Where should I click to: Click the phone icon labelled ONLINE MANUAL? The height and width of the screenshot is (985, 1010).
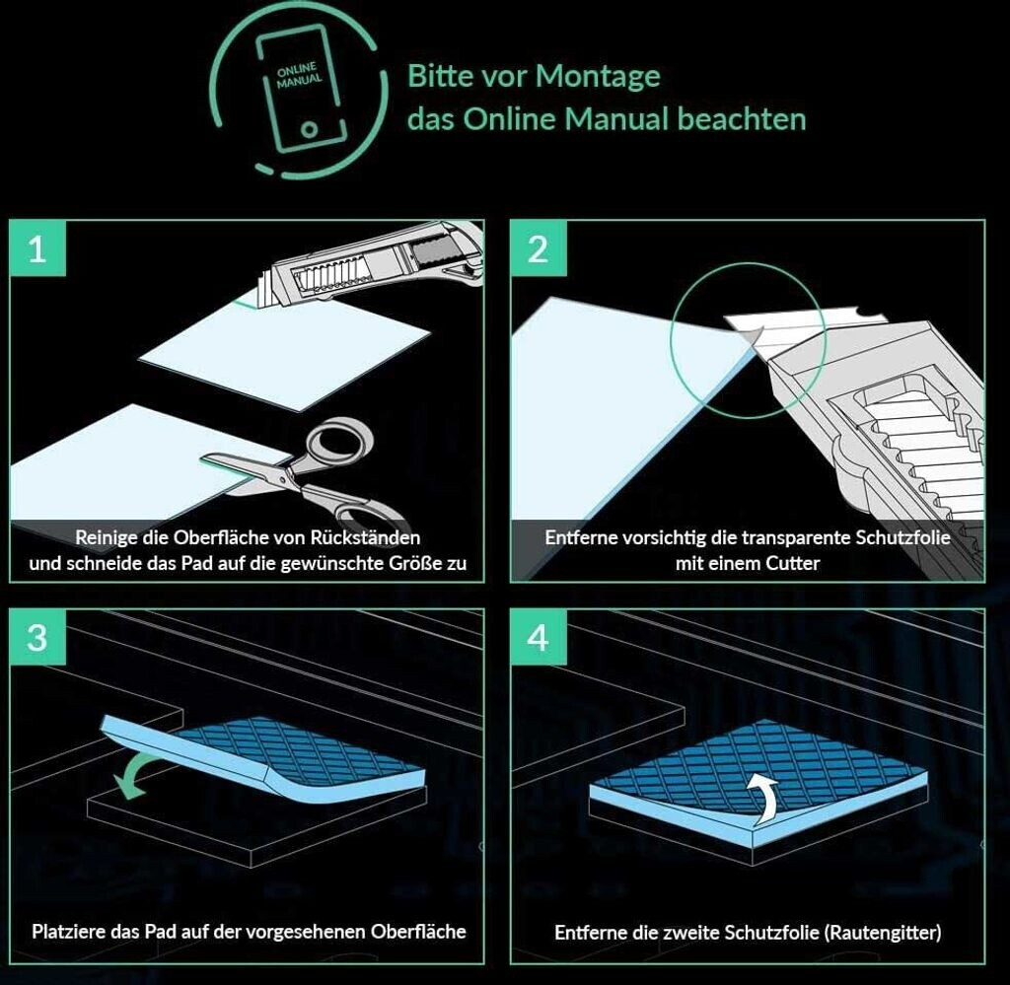click(x=300, y=89)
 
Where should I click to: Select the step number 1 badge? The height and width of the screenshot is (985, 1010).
click(x=38, y=247)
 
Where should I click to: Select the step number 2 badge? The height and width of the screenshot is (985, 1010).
click(x=539, y=247)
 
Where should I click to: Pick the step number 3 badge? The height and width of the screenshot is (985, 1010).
click(x=38, y=637)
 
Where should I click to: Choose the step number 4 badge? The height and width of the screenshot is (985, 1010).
click(x=539, y=637)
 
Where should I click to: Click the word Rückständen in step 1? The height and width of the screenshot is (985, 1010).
click(x=365, y=537)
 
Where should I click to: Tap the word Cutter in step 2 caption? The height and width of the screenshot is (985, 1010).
click(x=792, y=563)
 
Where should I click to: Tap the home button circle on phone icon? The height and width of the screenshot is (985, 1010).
click(x=310, y=130)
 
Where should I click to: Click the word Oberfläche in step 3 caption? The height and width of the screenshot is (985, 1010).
click(x=418, y=932)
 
